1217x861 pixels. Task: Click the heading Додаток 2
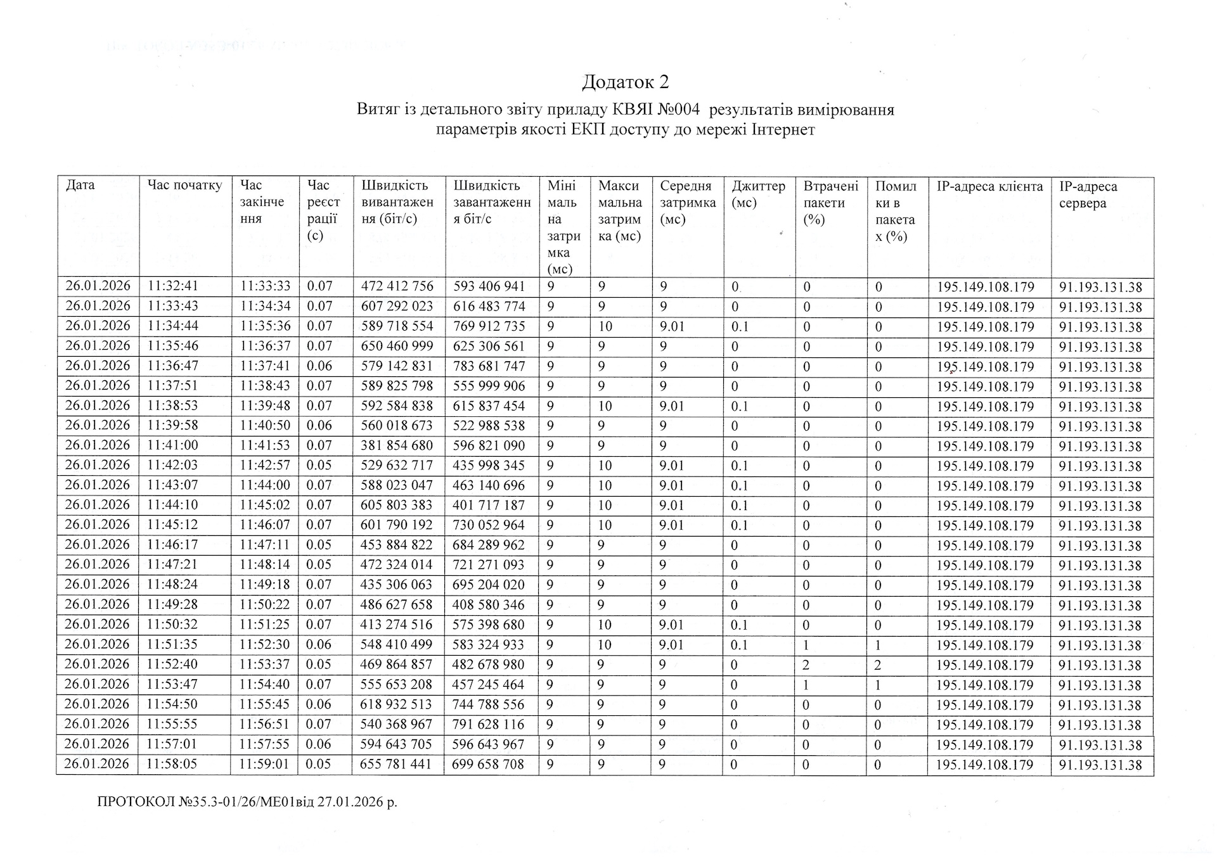click(625, 82)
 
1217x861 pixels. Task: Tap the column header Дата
click(80, 185)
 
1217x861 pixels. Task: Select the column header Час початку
click(184, 185)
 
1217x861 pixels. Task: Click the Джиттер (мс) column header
click(758, 195)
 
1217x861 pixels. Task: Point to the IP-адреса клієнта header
click(989, 186)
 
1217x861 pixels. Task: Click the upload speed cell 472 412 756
click(397, 286)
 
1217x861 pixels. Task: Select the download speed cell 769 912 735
click(489, 326)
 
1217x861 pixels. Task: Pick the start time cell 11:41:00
click(172, 445)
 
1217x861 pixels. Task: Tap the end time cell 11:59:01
click(264, 764)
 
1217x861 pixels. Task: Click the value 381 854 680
click(397, 445)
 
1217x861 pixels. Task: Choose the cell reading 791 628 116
click(489, 724)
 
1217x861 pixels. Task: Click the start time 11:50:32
click(172, 625)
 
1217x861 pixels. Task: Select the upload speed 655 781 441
click(396, 764)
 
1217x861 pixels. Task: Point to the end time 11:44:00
click(265, 485)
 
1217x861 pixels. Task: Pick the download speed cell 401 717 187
click(489, 505)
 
